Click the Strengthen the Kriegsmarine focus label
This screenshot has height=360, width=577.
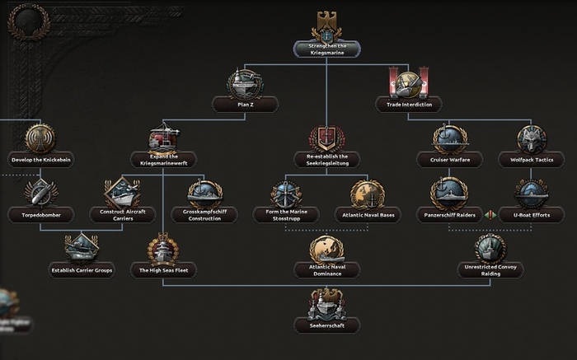(326, 49)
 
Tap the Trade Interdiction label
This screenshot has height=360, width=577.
(408, 104)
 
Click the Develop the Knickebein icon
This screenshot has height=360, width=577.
(40, 136)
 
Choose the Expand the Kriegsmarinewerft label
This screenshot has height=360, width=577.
(163, 159)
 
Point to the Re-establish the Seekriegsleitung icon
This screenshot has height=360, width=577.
(326, 138)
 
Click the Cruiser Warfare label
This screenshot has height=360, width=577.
(449, 159)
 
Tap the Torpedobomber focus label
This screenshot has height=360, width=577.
(40, 214)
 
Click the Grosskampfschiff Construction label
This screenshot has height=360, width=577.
(204, 214)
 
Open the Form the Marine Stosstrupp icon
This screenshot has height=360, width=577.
(286, 193)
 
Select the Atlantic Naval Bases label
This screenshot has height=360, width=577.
(368, 214)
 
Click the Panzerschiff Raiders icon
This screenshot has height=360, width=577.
(449, 193)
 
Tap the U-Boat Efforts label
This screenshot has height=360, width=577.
(531, 214)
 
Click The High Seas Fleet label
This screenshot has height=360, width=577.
(163, 269)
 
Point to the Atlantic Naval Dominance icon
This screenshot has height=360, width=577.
(326, 249)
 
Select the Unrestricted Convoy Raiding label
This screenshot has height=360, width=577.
(490, 269)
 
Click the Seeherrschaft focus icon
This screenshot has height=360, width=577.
(326, 303)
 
